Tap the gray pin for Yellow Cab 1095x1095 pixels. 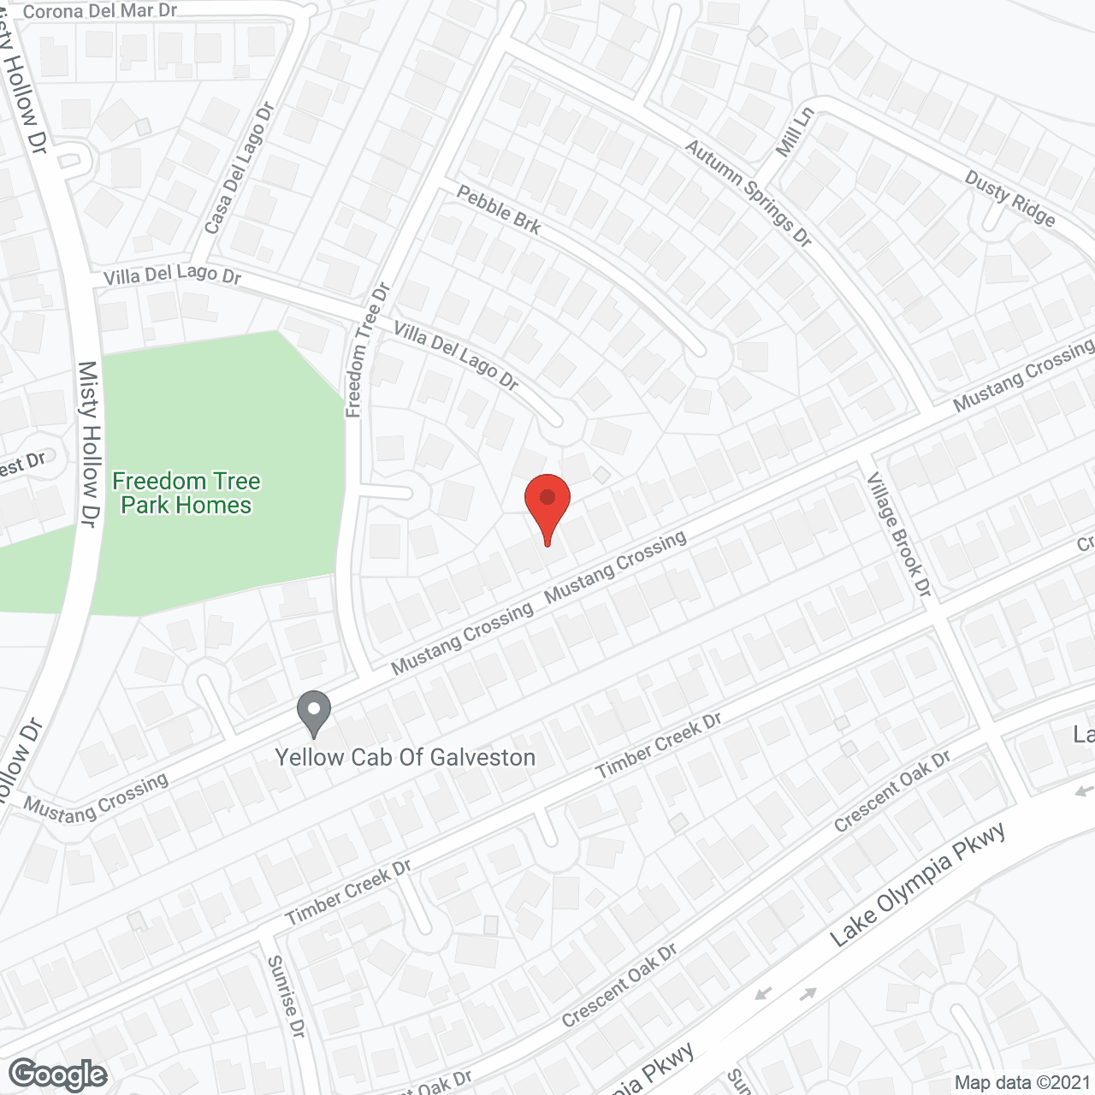(x=314, y=712)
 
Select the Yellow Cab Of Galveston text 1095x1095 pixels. (x=405, y=757)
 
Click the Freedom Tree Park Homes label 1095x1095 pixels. (x=186, y=493)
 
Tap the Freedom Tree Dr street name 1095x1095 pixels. (x=367, y=351)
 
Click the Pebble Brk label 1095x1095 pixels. (x=499, y=209)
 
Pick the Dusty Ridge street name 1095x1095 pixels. (x=1009, y=198)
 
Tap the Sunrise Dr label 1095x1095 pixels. (x=286, y=997)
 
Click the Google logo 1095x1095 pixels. (x=58, y=1074)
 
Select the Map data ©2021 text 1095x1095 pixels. (x=1022, y=1082)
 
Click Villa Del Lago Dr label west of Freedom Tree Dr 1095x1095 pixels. (x=172, y=275)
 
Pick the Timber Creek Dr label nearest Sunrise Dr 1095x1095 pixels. (x=348, y=892)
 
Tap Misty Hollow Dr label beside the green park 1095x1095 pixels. (x=90, y=443)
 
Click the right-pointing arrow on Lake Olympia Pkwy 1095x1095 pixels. (x=808, y=994)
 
